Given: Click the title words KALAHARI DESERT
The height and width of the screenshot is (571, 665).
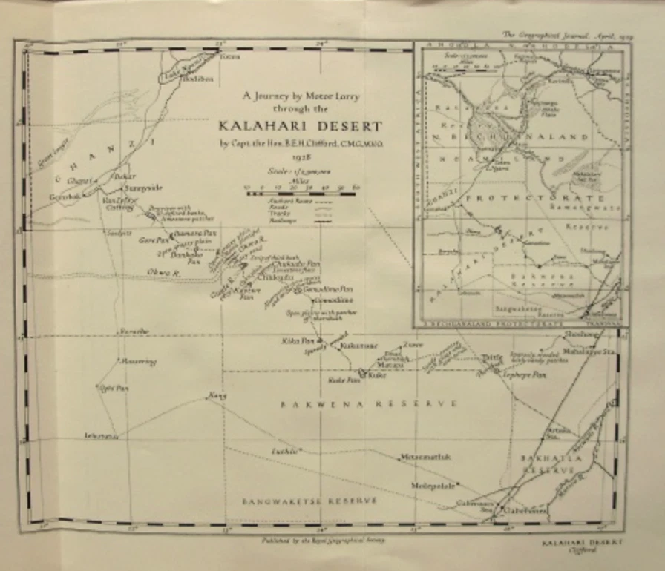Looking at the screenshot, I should point(301,125).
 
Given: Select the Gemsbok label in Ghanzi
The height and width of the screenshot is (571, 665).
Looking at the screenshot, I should point(62,195).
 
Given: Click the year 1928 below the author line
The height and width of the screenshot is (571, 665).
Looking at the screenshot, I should point(300,157).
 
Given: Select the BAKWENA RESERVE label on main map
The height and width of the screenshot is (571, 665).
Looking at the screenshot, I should point(367,403).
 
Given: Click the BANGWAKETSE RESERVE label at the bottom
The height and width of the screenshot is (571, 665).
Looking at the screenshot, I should point(309,501).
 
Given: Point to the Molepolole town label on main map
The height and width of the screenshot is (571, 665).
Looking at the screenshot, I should point(433,486).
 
